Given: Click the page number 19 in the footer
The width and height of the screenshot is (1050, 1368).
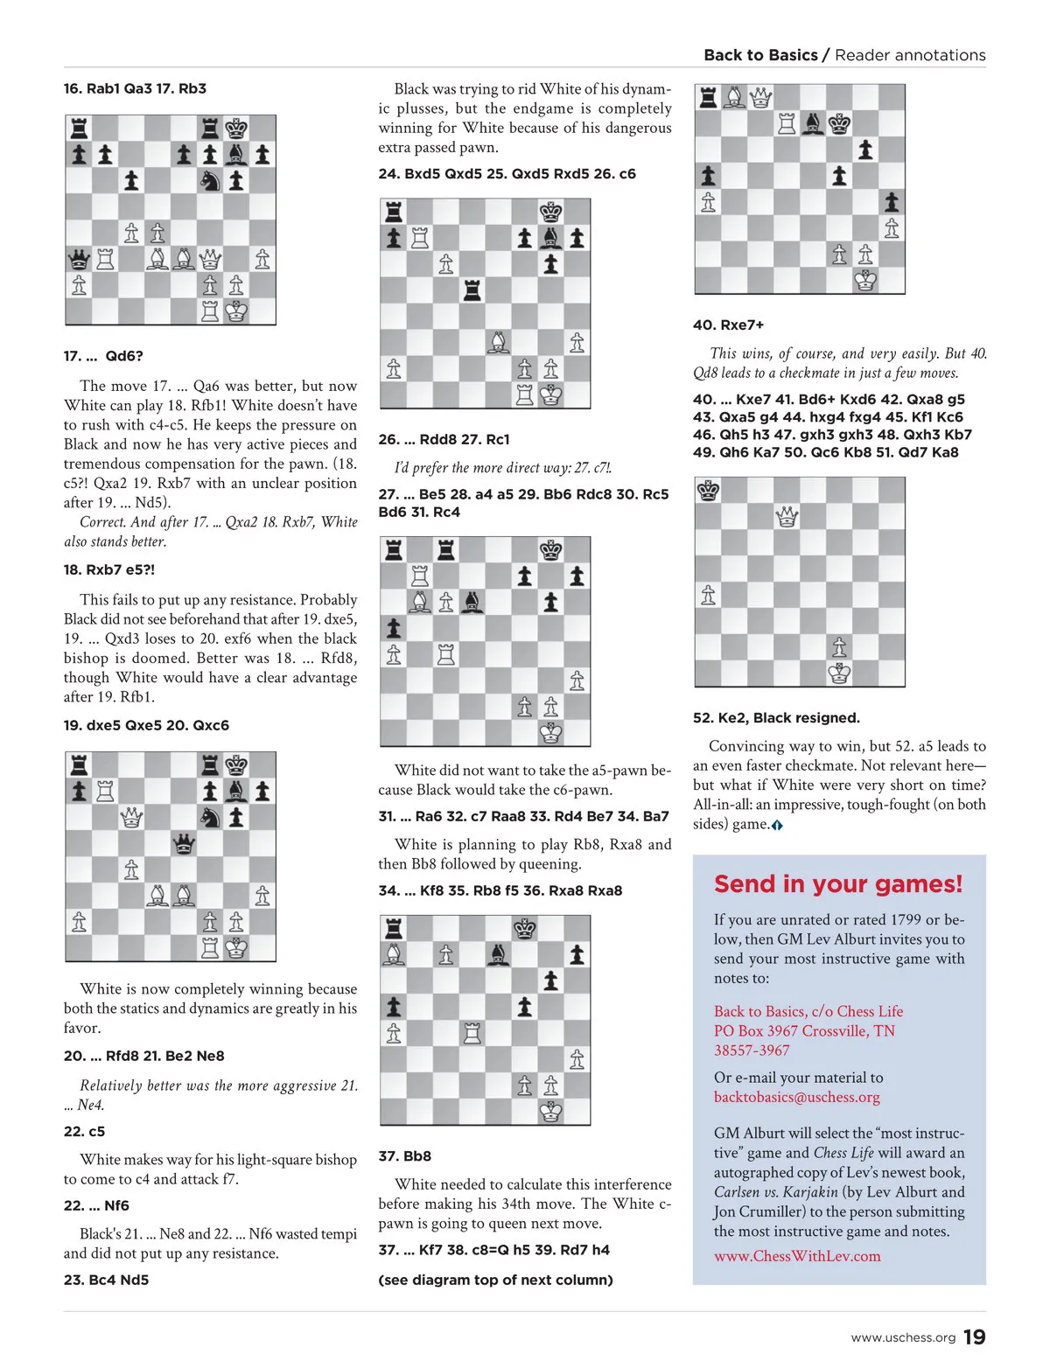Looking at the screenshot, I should (x=974, y=1337).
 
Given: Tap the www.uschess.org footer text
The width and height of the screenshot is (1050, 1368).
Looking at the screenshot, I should (x=903, y=1338).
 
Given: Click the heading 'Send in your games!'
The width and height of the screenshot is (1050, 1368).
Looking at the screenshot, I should (x=837, y=884).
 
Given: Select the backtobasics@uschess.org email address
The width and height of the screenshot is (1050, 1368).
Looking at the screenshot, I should (x=796, y=1097).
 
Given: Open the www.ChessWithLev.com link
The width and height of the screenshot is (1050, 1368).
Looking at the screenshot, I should (x=796, y=1256).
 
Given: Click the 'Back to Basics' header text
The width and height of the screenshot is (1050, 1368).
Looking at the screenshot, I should (x=760, y=55).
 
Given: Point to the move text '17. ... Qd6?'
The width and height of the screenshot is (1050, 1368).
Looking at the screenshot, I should (x=103, y=356).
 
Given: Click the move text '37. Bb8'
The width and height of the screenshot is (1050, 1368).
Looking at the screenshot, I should (x=404, y=1156).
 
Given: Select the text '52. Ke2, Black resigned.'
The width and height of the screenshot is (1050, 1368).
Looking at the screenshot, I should (x=776, y=718).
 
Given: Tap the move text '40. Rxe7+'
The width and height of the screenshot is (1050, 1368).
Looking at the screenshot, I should (x=728, y=325).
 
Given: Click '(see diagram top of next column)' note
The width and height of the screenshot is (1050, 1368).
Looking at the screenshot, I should (x=495, y=1280).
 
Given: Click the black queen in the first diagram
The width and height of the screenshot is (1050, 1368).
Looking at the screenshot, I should (x=79, y=259).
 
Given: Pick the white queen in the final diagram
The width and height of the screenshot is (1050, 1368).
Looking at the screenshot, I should (x=787, y=517).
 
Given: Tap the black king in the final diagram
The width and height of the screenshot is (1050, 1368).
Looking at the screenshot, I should (x=708, y=491).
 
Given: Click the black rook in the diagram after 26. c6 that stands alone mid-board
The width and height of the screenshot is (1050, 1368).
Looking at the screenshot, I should (x=472, y=290).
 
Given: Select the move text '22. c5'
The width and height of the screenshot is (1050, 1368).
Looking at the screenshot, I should (x=84, y=1131).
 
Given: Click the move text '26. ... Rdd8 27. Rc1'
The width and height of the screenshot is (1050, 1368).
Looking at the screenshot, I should (x=444, y=440).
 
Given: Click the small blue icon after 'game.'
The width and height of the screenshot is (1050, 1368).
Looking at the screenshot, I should (x=777, y=825).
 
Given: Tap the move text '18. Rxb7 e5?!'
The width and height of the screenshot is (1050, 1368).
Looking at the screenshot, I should (x=108, y=570).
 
